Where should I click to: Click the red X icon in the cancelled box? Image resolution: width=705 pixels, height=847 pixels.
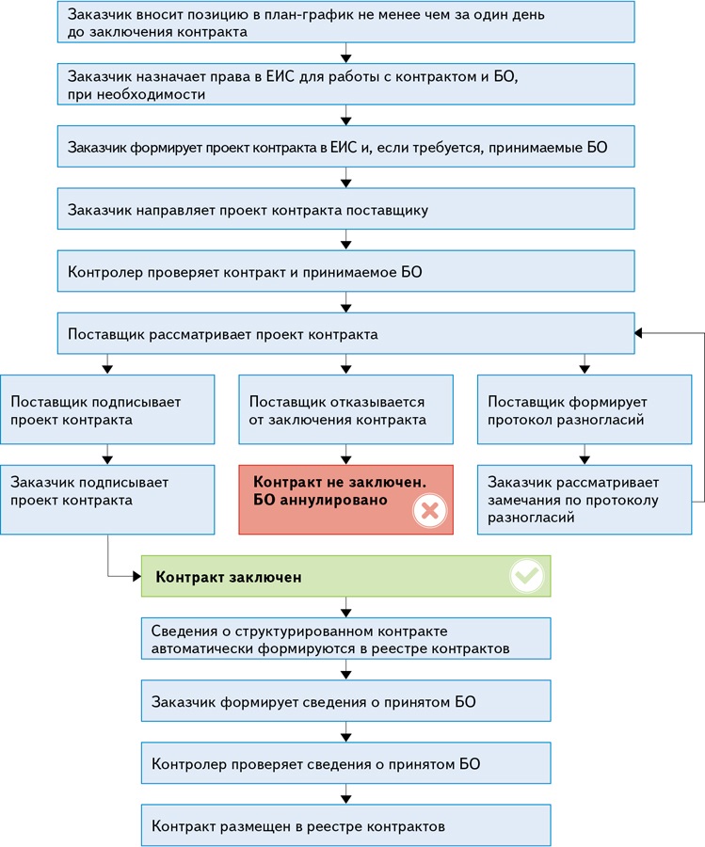tap(430, 510)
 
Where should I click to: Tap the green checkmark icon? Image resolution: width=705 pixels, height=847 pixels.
tap(527, 575)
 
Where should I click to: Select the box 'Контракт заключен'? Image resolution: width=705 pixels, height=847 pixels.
tap(345, 576)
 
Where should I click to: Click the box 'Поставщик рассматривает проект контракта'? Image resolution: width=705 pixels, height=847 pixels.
tap(345, 333)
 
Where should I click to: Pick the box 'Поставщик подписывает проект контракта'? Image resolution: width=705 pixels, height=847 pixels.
tap(107, 409)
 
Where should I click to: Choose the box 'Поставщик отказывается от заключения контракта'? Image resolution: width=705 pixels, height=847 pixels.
tap(345, 409)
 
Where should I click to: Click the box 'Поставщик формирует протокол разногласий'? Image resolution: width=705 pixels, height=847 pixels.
tap(585, 409)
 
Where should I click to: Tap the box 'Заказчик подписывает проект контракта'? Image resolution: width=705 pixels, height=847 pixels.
tap(107, 500)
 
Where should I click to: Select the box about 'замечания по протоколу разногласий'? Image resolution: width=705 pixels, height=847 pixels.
tap(585, 500)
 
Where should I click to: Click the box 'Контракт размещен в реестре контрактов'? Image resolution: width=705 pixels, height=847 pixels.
tap(345, 825)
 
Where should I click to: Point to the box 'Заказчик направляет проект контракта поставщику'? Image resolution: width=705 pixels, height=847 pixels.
tap(345, 209)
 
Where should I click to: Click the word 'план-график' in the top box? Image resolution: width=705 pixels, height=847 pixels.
tap(310, 14)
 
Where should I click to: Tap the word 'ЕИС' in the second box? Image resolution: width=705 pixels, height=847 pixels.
tap(280, 77)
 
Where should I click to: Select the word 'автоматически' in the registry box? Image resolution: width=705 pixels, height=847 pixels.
tap(202, 648)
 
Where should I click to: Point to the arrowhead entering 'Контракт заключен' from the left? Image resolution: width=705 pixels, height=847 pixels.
tap(137, 576)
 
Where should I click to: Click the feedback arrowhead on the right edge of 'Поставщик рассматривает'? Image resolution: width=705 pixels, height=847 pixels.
tap(638, 333)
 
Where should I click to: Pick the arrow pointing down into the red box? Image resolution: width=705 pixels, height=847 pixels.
tap(345, 455)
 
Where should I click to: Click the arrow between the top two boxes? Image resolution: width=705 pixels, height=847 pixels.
tap(345, 53)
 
